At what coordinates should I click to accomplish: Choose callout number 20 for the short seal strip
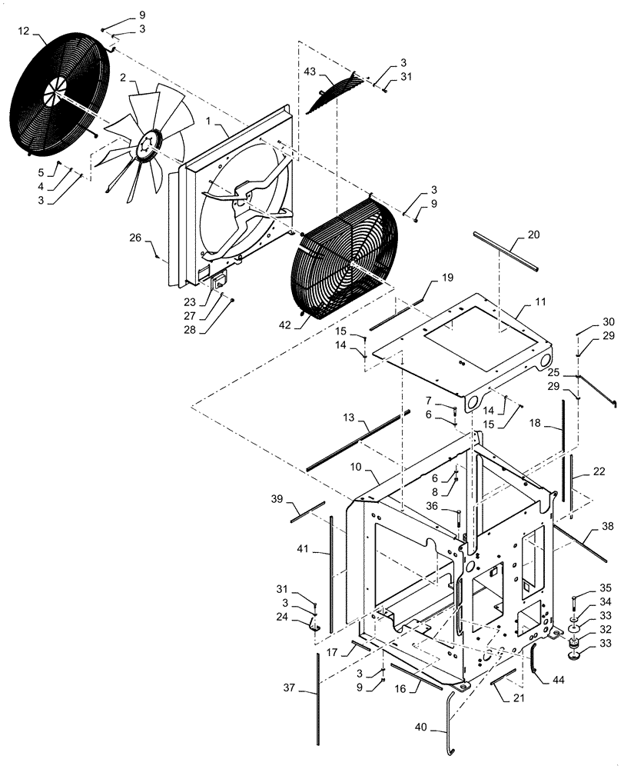[x=533, y=234]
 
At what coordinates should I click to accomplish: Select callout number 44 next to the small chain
[x=554, y=679]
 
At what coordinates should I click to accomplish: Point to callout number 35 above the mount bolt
[x=583, y=587]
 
